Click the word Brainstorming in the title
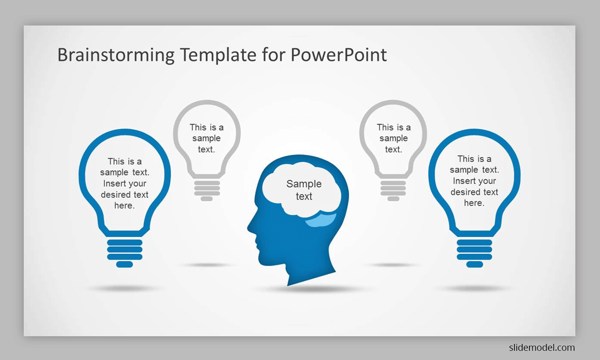116,55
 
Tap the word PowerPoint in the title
338,55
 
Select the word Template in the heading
218,55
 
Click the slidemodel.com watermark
542,347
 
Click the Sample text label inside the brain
304,190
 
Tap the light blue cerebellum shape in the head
321,220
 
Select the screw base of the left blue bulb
124,253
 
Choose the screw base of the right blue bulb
474,253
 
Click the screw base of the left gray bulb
207,190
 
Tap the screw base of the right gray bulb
393,190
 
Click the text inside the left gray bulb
206,138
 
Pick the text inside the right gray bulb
393,138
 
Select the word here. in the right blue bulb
474,203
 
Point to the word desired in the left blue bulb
115,194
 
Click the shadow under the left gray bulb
206,265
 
